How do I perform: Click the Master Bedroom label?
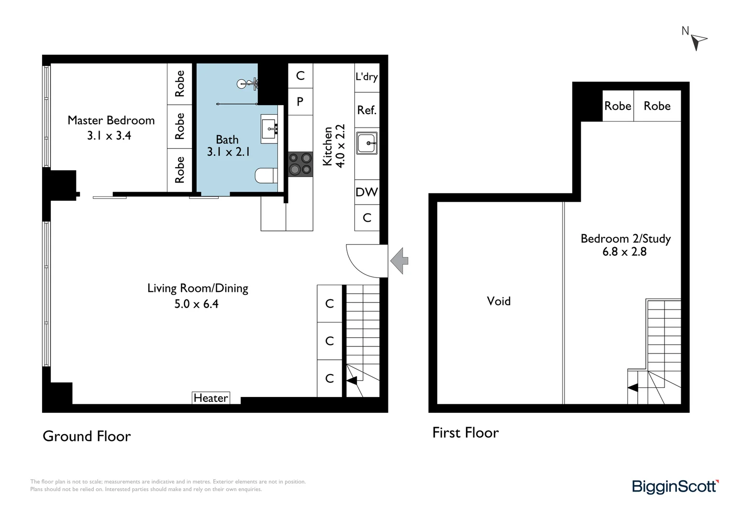point(111,120)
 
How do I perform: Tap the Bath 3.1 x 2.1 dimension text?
point(228,152)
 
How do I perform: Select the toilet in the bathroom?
point(266,175)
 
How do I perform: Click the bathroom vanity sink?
point(269,128)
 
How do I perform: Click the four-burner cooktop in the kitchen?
point(300,164)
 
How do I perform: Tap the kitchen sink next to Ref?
point(367,143)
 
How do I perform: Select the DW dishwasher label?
point(366,192)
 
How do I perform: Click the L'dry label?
point(366,76)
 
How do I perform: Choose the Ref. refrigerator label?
point(366,110)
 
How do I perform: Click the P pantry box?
point(300,101)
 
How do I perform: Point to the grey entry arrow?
point(399,261)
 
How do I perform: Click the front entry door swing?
point(366,261)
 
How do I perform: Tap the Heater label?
point(210,398)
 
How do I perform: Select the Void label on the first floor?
point(498,301)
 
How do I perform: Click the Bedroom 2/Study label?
point(625,238)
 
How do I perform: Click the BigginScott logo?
point(675,487)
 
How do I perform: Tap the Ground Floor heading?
point(87,436)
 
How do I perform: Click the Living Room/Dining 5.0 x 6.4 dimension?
point(196,304)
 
